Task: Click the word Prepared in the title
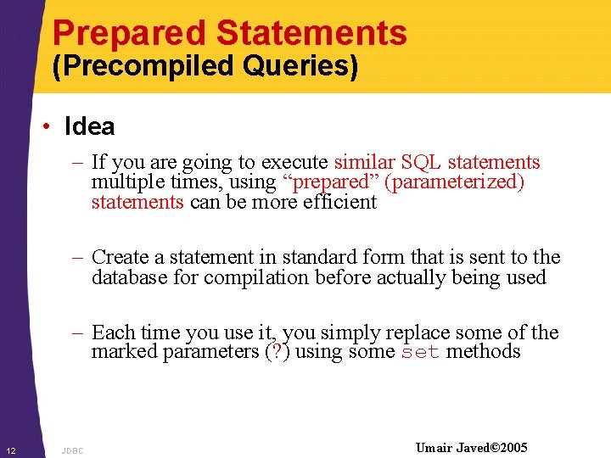click(x=129, y=33)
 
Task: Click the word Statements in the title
click(x=311, y=33)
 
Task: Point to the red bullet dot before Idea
click(x=49, y=127)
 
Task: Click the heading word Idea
click(x=89, y=127)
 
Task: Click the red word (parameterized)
click(x=455, y=182)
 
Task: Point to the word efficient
click(x=339, y=202)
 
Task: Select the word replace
click(x=429, y=332)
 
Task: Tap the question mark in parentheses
click(x=276, y=352)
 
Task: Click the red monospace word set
click(x=420, y=353)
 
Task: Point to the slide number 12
click(x=11, y=449)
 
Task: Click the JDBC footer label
click(x=73, y=450)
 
